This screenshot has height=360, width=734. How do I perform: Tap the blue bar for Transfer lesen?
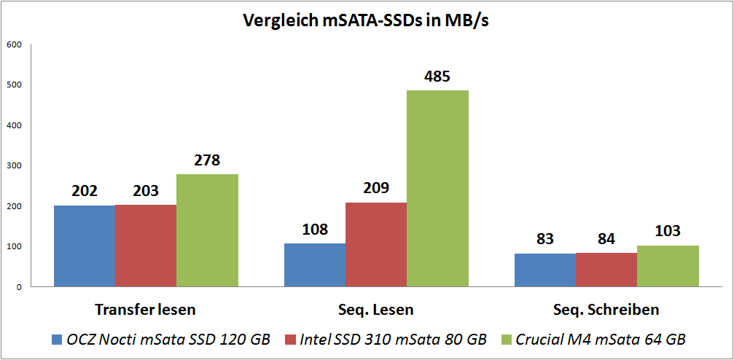pos(85,246)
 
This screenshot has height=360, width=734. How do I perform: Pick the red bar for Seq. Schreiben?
pos(606,269)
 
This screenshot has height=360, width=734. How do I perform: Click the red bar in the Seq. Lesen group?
pos(376,244)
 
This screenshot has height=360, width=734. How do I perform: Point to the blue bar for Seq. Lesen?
pos(315,265)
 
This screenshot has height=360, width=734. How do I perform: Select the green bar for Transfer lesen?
pos(207,230)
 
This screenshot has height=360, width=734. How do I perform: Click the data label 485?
pos(438,77)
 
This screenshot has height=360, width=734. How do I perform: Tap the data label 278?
pos(207,160)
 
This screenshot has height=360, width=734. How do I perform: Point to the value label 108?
pos(315,230)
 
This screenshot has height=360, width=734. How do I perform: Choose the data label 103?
pos(668,232)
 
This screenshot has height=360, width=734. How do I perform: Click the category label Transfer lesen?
pos(146,309)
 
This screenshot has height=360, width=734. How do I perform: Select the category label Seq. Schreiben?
pos(606,309)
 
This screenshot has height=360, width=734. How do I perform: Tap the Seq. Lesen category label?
pos(376,309)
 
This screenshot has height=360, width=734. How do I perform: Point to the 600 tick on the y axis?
pos(15,44)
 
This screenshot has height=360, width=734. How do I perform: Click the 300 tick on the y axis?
pos(15,165)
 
